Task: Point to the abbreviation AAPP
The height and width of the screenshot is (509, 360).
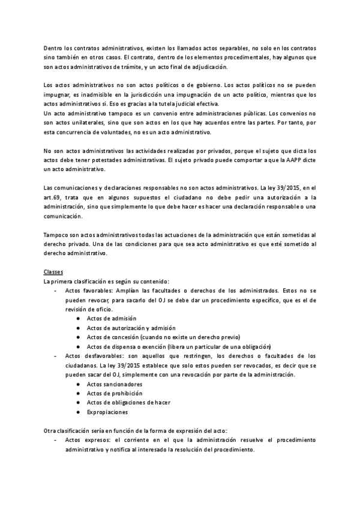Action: pyautogui.click(x=286, y=160)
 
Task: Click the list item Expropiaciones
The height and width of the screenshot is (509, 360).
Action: pyautogui.click(x=107, y=412)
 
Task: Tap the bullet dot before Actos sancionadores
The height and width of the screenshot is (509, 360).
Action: pyautogui.click(x=79, y=384)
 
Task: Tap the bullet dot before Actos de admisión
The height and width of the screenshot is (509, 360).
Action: pyautogui.click(x=79, y=319)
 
